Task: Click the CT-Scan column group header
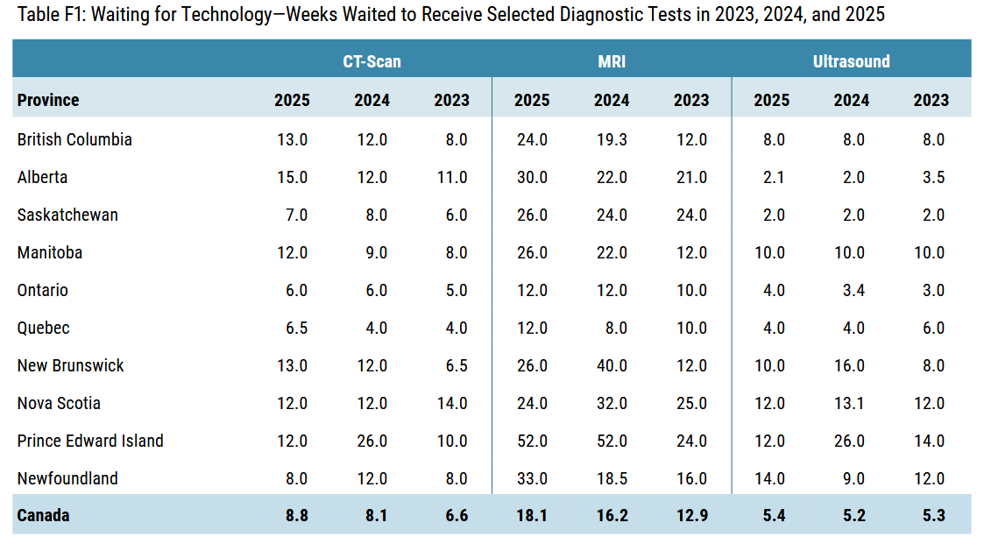point(372,61)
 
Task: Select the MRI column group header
point(612,61)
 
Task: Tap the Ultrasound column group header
point(851,61)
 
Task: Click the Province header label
point(48,100)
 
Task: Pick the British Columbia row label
point(74,139)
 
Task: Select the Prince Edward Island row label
point(90,441)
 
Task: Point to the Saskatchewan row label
point(67,215)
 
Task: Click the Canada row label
point(43,515)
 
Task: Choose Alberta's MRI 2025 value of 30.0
point(532,177)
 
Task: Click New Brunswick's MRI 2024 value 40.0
point(612,365)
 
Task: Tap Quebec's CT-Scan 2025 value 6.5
point(296,328)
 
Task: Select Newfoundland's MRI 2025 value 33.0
point(532,478)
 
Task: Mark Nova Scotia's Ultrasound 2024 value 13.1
point(849,403)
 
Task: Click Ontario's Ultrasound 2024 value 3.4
point(853,290)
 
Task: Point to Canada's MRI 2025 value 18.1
point(532,515)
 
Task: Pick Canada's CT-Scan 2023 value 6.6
point(457,515)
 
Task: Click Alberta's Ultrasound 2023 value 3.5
point(933,177)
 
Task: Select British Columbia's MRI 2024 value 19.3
point(612,139)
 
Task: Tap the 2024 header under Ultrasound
point(851,100)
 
